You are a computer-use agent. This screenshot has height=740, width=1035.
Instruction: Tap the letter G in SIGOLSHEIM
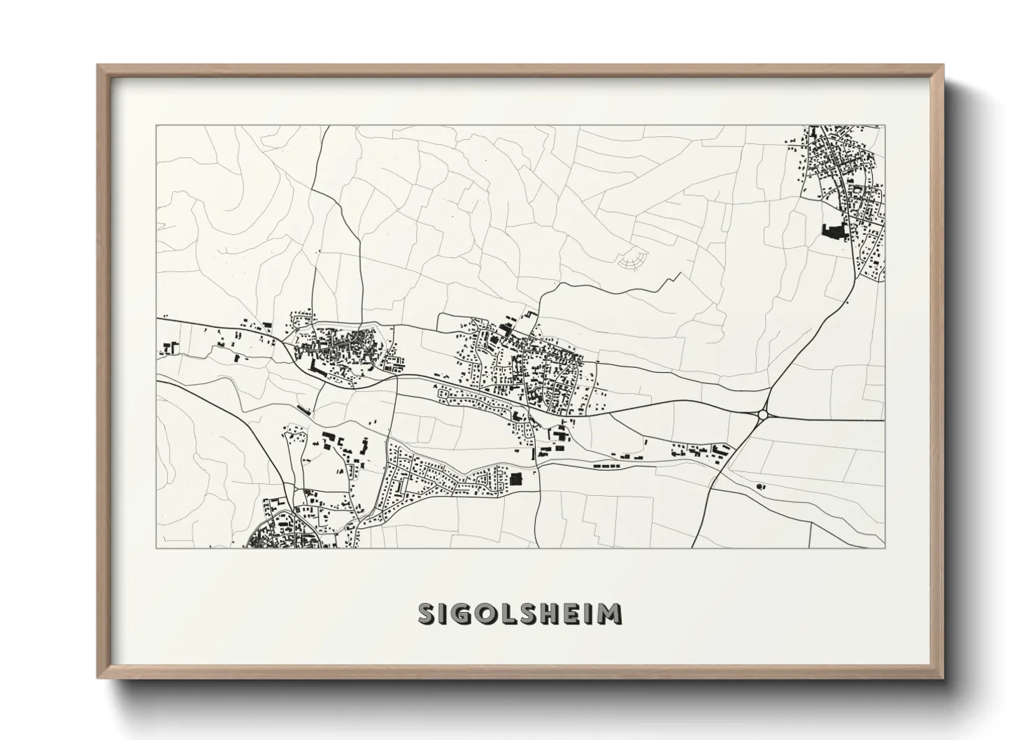[x=462, y=613]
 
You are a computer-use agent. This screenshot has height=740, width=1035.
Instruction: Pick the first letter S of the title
[x=428, y=613]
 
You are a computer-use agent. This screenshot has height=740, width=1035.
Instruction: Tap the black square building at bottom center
[x=516, y=480]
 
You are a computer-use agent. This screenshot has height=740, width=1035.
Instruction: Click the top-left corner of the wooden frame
[x=98, y=66]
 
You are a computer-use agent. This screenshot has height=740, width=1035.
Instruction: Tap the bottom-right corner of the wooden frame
[x=944, y=678]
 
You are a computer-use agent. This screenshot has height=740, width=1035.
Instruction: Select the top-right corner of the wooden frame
[x=944, y=66]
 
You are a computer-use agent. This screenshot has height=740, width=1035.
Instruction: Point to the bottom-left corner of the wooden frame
[x=98, y=678]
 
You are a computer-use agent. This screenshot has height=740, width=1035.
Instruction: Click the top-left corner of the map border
[x=155, y=125]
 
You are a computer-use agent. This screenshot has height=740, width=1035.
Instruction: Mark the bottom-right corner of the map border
[x=885, y=548]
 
